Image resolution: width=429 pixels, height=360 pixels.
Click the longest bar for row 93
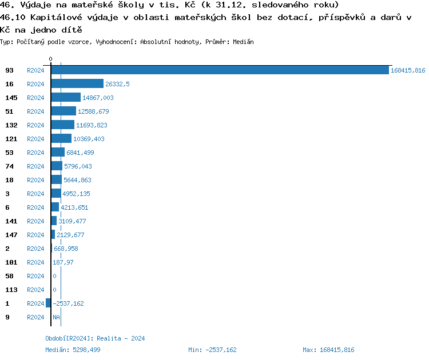[220, 70]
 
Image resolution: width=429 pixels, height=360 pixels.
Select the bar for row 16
[77, 84]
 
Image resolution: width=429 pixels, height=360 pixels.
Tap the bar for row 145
[66, 98]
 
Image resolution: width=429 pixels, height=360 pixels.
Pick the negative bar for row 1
[48, 303]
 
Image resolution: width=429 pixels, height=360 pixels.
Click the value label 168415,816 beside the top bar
[408, 70]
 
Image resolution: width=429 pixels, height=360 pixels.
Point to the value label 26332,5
[118, 84]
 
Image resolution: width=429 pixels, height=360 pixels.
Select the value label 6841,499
[80, 153]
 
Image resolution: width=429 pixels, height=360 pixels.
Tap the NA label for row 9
[56, 317]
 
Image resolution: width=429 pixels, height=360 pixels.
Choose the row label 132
[11, 125]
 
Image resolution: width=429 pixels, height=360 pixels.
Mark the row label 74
[9, 166]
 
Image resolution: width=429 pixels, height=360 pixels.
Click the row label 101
[11, 262]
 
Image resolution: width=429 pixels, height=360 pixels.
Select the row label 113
[11, 290]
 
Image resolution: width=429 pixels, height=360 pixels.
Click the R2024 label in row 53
[35, 153]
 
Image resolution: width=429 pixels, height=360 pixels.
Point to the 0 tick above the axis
[51, 59]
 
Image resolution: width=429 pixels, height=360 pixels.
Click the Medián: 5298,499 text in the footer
[73, 350]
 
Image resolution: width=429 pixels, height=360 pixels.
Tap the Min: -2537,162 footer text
[212, 350]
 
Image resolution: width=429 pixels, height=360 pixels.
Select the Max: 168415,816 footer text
[328, 350]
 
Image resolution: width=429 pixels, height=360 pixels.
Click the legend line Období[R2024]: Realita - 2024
[95, 338]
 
